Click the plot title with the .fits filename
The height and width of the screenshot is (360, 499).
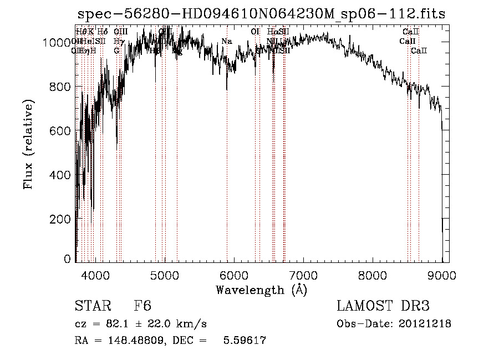pos(261,14)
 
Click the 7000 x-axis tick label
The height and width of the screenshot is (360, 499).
pos(303,275)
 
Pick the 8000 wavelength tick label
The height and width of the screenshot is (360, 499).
pos(373,275)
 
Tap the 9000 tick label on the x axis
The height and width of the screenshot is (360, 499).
pos(442,275)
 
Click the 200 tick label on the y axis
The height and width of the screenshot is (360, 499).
pos(60,219)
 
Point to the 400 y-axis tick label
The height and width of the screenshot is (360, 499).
pos(60,175)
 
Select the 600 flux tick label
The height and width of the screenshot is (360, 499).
pos(60,130)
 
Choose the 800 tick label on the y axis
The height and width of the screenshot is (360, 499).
pos(60,87)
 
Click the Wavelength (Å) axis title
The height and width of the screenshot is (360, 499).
pos(261,290)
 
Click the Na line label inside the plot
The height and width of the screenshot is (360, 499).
pos(226,41)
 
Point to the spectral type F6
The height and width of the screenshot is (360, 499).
pos(142,306)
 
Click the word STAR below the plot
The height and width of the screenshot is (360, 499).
pos(92,306)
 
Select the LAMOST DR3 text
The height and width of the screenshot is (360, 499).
pos(383,306)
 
